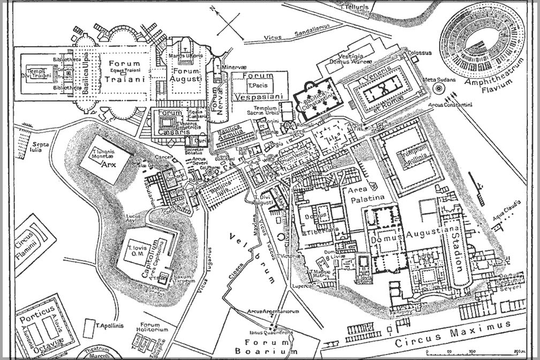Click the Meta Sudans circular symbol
438,89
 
